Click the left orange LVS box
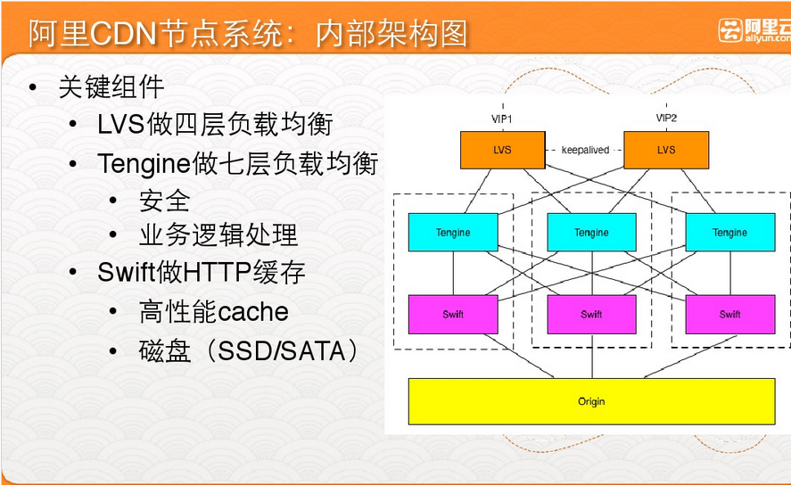click(502, 150)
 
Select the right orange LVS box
click(666, 150)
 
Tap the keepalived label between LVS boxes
click(585, 150)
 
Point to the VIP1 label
click(502, 119)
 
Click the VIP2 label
click(666, 119)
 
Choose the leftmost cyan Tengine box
click(453, 233)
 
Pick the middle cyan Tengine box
click(591, 233)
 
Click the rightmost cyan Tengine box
click(729, 233)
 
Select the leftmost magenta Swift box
click(453, 314)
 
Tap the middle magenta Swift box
click(591, 314)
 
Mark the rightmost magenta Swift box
click(729, 314)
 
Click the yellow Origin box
click(591, 401)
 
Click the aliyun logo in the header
click(754, 31)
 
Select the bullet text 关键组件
click(111, 86)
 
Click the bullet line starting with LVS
click(215, 124)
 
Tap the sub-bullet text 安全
click(165, 200)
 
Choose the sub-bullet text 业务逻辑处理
click(218, 234)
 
